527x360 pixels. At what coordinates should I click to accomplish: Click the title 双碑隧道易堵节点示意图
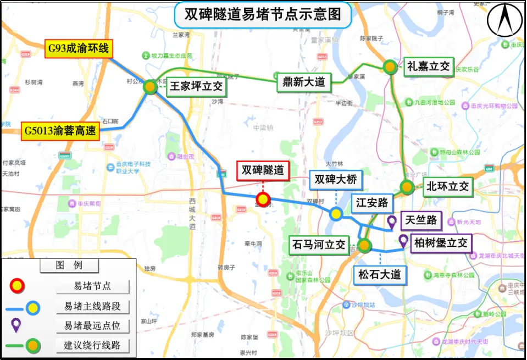coord(263,14)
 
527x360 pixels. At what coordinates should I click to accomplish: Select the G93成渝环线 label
coord(79,49)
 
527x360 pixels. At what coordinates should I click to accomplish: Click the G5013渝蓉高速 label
coord(60,131)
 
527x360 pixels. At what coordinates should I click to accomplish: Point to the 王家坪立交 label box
coord(196,86)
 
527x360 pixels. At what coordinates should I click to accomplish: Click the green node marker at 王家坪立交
coord(149,86)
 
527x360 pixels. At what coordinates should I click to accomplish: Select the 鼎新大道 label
coord(303,82)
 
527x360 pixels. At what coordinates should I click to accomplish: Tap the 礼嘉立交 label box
coord(429,67)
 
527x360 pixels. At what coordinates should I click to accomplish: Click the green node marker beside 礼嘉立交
coord(390,67)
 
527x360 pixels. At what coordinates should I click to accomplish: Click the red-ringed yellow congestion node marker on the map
coord(264,200)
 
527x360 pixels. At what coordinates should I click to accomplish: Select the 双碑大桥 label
coord(336,179)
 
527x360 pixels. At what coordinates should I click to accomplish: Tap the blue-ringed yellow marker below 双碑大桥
coord(336,213)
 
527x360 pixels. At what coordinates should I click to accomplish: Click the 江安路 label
coord(372,202)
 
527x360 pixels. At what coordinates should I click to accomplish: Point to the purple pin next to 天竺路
coord(392,221)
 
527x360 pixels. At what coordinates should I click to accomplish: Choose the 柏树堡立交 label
coord(441,242)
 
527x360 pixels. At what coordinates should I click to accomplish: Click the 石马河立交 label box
coord(319,244)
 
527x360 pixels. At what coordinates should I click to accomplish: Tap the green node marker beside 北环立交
coord(407,187)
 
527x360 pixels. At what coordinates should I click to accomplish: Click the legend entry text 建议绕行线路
coord(92,346)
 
